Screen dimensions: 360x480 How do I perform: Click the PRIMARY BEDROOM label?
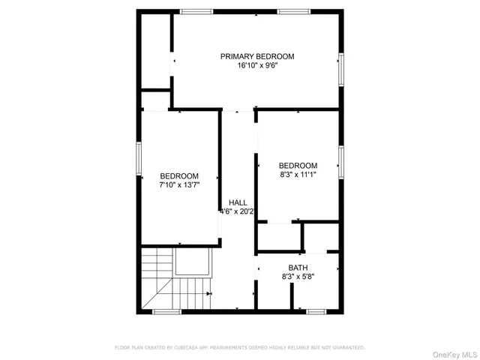click(256, 56)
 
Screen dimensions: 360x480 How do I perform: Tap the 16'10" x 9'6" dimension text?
click(256, 66)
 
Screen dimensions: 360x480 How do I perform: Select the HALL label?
click(238, 202)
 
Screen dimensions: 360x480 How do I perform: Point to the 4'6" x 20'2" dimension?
click(237, 211)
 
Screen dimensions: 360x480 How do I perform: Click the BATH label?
click(298, 268)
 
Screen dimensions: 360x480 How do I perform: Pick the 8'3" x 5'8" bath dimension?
click(298, 277)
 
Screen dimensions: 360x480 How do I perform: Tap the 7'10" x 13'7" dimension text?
click(178, 185)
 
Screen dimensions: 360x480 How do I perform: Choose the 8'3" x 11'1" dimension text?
click(298, 175)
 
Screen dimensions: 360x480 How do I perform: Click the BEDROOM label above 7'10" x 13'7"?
click(178, 176)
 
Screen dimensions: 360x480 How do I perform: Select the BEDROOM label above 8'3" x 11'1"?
click(298, 166)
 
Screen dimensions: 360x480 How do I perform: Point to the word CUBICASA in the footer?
click(182, 347)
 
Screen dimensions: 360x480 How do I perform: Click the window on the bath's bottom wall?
click(316, 310)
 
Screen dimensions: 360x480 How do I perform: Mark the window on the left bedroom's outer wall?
click(139, 159)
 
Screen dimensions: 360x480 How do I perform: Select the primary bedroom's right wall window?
click(341, 69)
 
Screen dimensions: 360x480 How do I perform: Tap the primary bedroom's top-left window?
click(196, 11)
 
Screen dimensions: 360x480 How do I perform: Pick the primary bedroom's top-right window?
click(294, 11)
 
